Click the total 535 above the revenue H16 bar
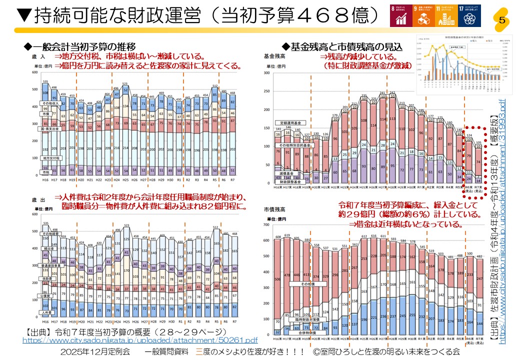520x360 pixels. (x=45, y=82)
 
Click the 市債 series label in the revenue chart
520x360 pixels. (x=44, y=114)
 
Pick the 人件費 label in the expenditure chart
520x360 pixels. (x=44, y=312)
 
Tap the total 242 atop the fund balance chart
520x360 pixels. (x=392, y=93)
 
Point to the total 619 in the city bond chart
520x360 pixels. (x=286, y=235)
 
